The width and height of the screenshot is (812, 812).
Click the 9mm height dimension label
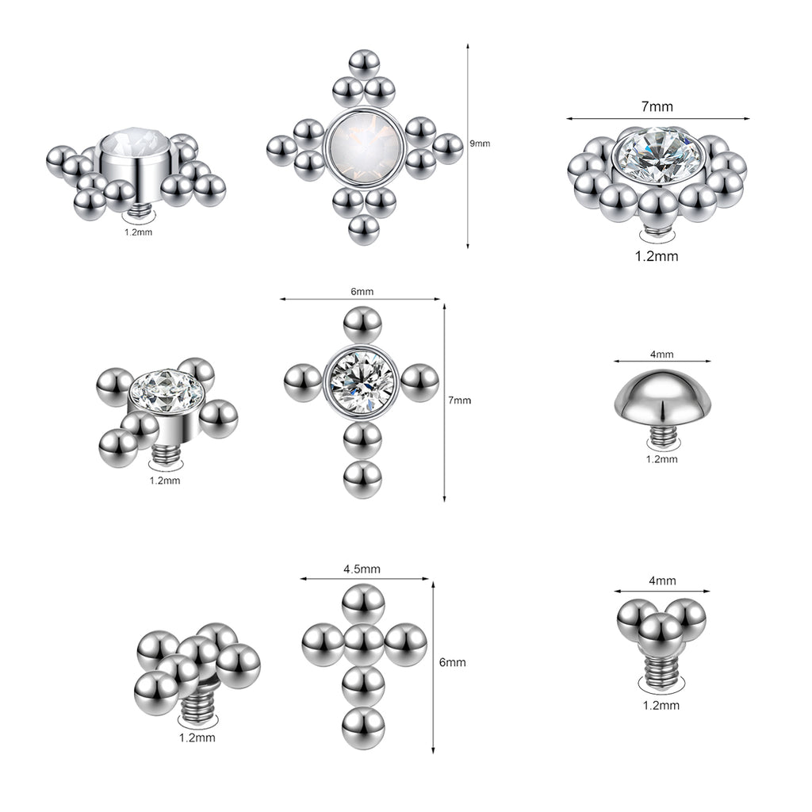pos(480,144)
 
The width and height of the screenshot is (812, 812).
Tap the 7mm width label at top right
pos(657,107)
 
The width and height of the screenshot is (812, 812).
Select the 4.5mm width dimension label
pos(362,569)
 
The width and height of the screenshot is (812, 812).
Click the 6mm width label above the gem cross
pos(362,292)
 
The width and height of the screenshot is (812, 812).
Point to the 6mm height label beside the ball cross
pos(453,662)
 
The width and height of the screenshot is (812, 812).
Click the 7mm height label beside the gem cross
pos(459,400)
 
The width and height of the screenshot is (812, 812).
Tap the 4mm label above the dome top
pos(662,354)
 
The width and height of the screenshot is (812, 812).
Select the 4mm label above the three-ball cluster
pos(662,581)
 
